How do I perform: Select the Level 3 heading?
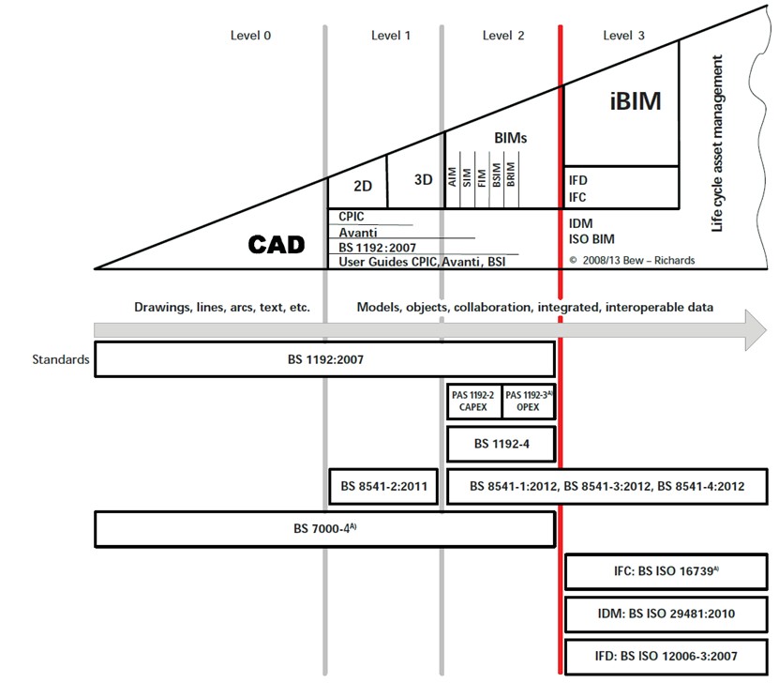[x=623, y=36]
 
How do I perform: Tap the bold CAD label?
[x=277, y=245]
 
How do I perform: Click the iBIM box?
[x=622, y=101]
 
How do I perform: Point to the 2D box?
[x=357, y=186]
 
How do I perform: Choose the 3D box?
[x=423, y=179]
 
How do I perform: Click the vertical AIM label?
[x=453, y=176]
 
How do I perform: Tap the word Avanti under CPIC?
[x=357, y=233]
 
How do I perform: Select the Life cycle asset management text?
[x=718, y=144]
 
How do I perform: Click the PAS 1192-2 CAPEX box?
[x=474, y=402]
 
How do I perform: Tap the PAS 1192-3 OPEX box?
[x=528, y=402]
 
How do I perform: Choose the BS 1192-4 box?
[x=501, y=444]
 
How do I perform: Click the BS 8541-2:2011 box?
[x=384, y=486]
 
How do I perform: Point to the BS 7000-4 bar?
[x=324, y=529]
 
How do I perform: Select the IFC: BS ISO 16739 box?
[x=667, y=571]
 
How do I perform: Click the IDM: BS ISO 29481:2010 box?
[x=667, y=615]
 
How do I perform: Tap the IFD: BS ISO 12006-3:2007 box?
[x=667, y=657]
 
